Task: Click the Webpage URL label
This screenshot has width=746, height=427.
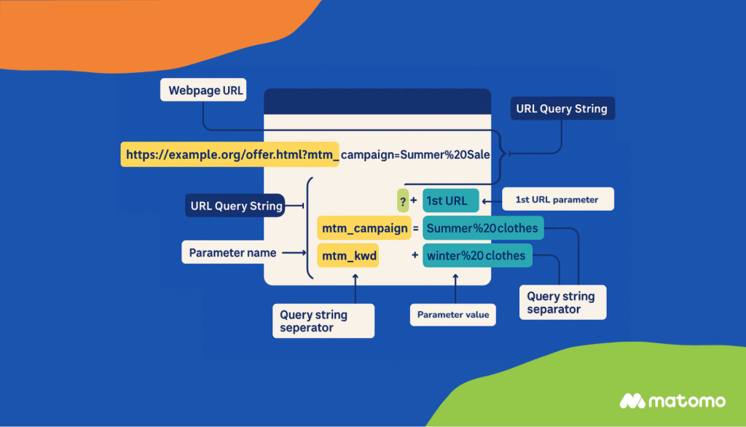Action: coord(203,91)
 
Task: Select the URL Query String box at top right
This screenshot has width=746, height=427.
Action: coord(561,109)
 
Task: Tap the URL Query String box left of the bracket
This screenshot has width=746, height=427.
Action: coord(236,205)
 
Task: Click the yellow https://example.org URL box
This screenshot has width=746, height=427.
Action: coord(229,154)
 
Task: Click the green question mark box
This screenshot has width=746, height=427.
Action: coord(402,200)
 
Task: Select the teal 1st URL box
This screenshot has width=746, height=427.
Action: coord(450,200)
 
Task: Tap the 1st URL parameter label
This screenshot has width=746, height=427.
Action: coord(557,200)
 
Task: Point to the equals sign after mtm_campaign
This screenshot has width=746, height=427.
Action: coord(416,228)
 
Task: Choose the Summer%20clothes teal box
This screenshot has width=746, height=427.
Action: coord(482,228)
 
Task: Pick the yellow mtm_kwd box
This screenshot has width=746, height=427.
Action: coord(348,255)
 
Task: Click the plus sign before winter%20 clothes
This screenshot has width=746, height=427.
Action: coord(415,255)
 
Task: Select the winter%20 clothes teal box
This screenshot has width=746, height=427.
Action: coord(477,255)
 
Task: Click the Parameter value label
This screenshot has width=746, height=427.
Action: coord(453,315)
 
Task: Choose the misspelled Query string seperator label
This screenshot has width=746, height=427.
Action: coord(323,321)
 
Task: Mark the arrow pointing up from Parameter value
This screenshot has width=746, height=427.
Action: coord(455,289)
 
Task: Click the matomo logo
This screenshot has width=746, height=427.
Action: coord(672,401)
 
